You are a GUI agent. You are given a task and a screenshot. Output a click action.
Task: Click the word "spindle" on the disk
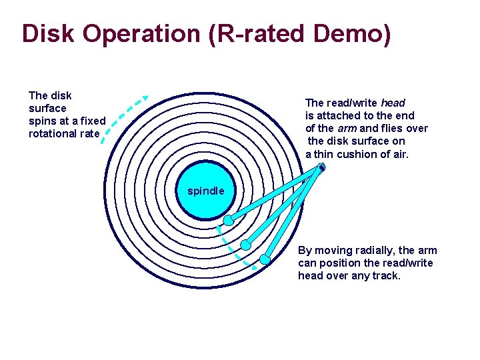click(206, 191)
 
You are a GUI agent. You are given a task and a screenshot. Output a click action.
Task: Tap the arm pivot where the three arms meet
click(321, 167)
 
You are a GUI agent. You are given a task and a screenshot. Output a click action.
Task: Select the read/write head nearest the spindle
click(228, 220)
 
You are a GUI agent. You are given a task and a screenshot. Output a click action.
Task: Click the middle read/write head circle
click(246, 245)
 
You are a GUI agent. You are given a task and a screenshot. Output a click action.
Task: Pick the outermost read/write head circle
click(265, 259)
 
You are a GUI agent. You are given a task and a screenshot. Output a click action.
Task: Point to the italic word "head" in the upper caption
click(393, 103)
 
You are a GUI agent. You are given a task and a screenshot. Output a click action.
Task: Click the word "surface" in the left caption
click(47, 108)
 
